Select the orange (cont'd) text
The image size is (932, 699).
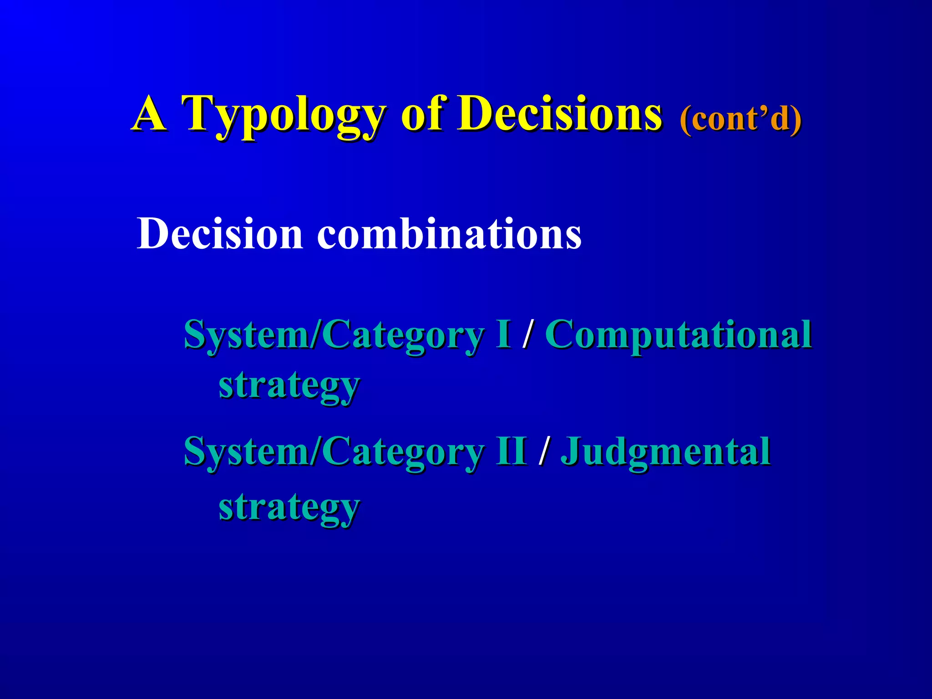pyautogui.click(x=740, y=119)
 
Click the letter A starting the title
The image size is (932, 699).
pyautogui.click(x=149, y=114)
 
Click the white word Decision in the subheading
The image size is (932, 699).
pyautogui.click(x=220, y=234)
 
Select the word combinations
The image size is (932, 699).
pyautogui.click(x=449, y=234)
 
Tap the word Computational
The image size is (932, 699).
pyautogui.click(x=678, y=335)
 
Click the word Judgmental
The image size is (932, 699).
pyautogui.click(x=665, y=452)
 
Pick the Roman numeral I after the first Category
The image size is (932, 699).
pyautogui.click(x=503, y=334)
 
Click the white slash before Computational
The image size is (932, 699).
pyautogui.click(x=528, y=335)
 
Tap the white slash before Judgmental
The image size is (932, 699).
pyautogui.click(x=543, y=452)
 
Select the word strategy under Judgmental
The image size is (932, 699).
pyautogui.click(x=289, y=508)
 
